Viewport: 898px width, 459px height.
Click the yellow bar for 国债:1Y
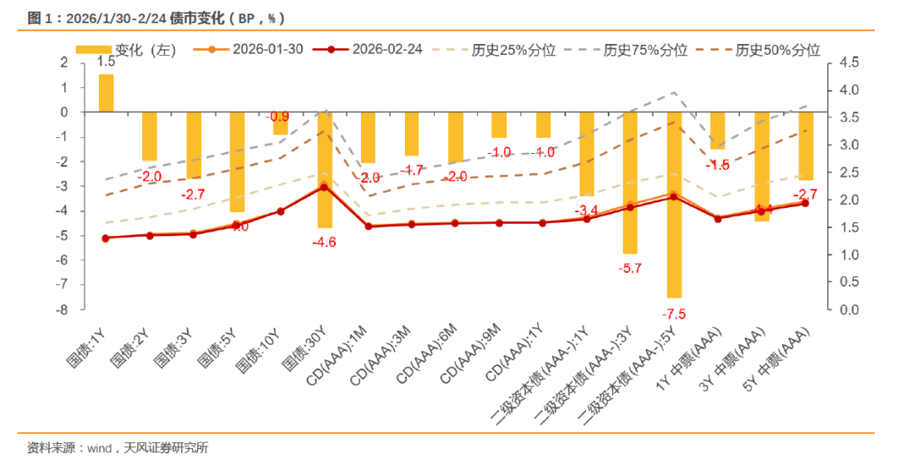click(x=106, y=93)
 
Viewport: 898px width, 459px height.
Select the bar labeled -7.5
click(x=673, y=204)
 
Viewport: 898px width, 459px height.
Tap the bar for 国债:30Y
click(x=324, y=170)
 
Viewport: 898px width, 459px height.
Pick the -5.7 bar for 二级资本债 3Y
click(x=629, y=183)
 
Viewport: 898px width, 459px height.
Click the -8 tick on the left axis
click(x=62, y=310)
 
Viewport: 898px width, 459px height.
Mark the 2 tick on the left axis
click(x=64, y=62)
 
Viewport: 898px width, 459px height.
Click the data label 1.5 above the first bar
click(x=106, y=62)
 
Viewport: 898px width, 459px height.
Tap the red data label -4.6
click(x=324, y=242)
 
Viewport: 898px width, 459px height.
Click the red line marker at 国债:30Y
click(x=324, y=188)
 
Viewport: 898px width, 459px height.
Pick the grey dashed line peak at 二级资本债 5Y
click(x=673, y=92)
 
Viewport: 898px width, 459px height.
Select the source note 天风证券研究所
click(x=167, y=447)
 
